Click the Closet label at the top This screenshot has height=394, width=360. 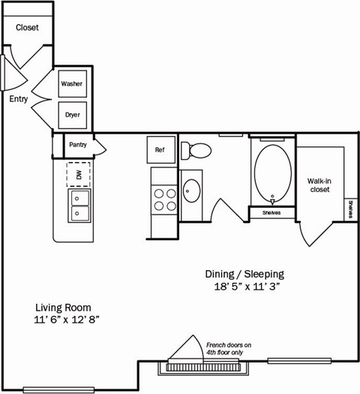27,28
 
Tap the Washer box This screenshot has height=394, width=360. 73,84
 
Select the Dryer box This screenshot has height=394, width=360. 73,115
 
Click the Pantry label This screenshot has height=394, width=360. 78,145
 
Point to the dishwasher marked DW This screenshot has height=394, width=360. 78,174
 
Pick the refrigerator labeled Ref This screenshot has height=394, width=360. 160,149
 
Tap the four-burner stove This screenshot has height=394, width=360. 164,199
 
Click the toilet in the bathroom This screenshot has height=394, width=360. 196,151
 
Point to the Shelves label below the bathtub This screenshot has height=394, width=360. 271,213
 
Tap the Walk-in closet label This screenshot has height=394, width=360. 320,185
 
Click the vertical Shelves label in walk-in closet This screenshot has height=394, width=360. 350,211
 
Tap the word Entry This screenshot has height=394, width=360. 19,98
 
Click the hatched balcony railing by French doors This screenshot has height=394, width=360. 202,368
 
